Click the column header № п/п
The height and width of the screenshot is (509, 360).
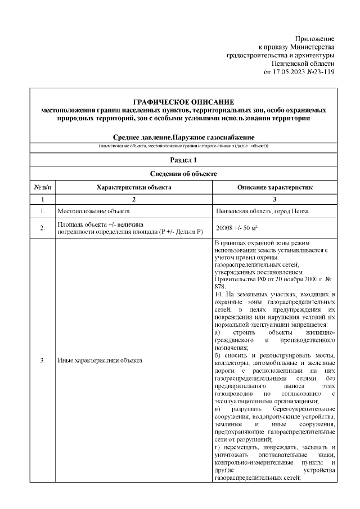(42, 187)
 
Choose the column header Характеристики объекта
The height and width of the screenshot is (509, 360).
(133, 187)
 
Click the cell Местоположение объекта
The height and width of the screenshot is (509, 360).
(93, 211)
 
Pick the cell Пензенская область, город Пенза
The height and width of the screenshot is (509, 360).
(262, 211)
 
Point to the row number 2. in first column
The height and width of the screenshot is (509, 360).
(42, 229)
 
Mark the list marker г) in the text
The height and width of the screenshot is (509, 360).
(218, 447)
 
